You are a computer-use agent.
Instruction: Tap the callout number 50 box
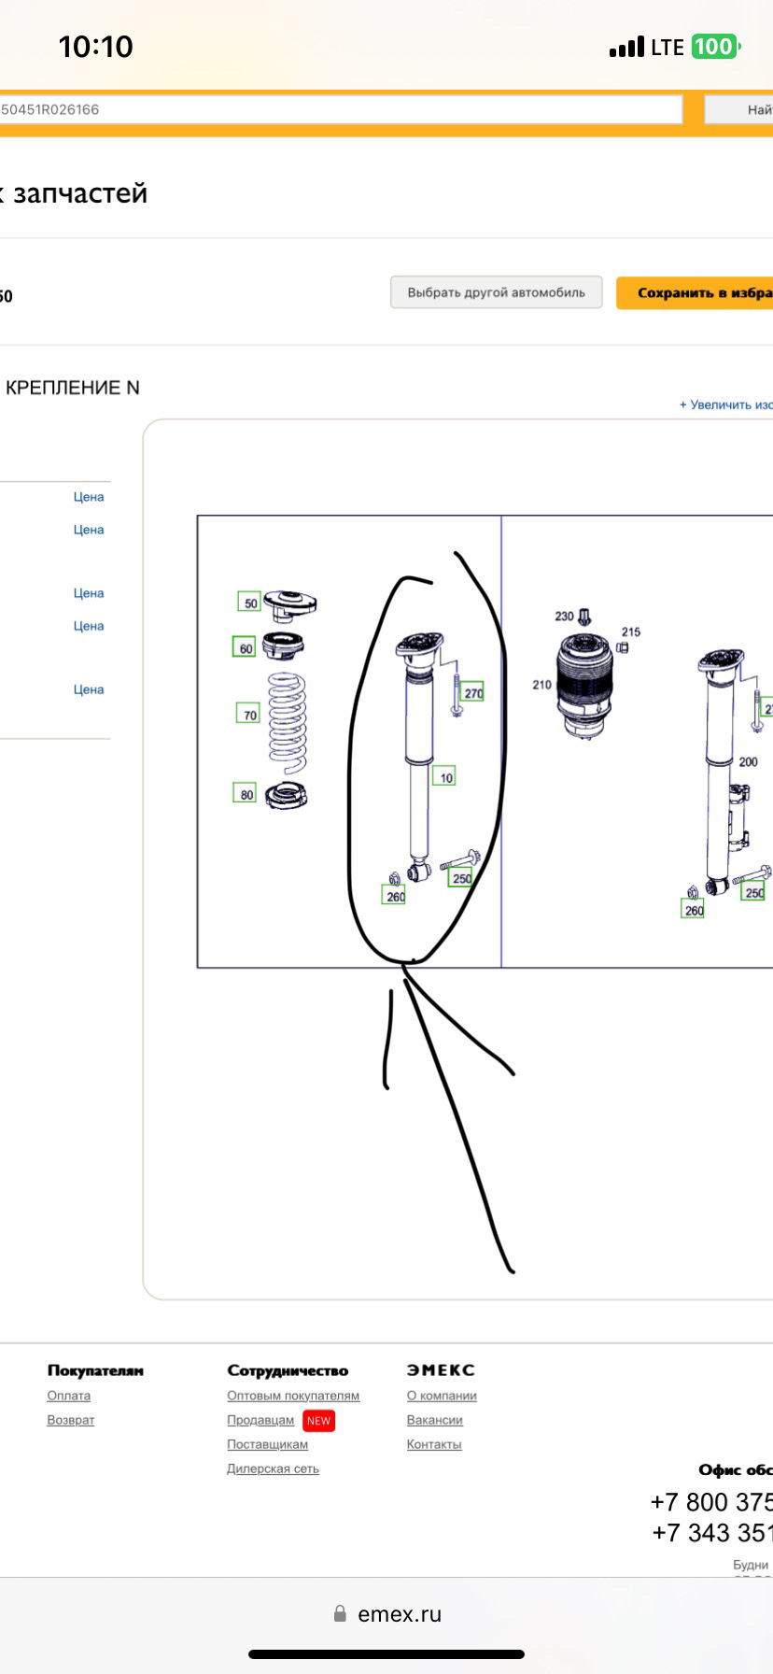(249, 603)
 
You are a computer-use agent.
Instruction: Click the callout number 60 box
(244, 647)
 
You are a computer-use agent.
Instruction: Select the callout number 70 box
(248, 715)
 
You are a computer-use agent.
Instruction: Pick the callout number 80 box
(245, 794)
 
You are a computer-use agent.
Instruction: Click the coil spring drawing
(287, 718)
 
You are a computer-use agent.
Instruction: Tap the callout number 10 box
(444, 776)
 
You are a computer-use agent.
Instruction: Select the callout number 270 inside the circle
(472, 692)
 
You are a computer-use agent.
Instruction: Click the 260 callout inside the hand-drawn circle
(395, 896)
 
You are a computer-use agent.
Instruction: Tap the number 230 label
(564, 617)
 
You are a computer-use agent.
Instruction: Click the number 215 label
(631, 632)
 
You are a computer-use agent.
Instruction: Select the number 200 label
(748, 761)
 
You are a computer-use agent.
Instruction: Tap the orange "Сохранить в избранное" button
(696, 292)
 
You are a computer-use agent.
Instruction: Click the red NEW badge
(318, 1421)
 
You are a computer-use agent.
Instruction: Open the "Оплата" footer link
(69, 1396)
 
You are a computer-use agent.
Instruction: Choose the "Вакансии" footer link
(434, 1420)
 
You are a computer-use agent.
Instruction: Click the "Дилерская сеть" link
(273, 1468)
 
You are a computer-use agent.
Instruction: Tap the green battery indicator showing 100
(714, 47)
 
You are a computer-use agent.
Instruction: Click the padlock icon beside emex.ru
(341, 1614)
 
